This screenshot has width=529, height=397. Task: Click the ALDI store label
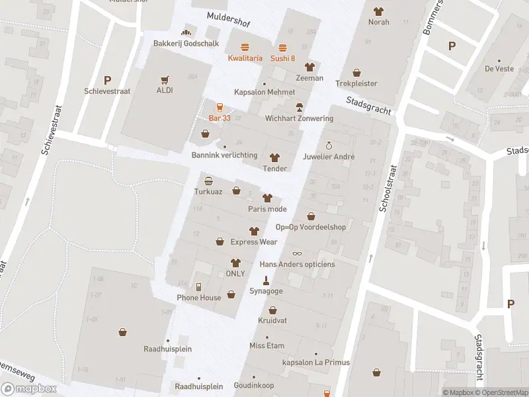pyautogui.click(x=165, y=90)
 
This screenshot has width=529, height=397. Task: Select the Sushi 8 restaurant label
pyautogui.click(x=282, y=58)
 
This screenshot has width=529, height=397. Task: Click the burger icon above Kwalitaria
pyautogui.click(x=245, y=47)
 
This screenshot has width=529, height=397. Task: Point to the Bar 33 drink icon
pyautogui.click(x=220, y=107)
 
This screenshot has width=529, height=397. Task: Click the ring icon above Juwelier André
pyautogui.click(x=329, y=146)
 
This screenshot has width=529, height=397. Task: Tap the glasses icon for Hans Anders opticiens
pyautogui.click(x=297, y=253)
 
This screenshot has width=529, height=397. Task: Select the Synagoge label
pyautogui.click(x=266, y=291)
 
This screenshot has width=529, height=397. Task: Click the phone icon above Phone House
pyautogui.click(x=198, y=287)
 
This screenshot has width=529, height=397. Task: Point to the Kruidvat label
pyautogui.click(x=272, y=321)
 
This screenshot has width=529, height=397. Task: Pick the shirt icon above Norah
pyautogui.click(x=378, y=11)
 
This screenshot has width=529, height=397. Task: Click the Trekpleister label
pyautogui.click(x=356, y=84)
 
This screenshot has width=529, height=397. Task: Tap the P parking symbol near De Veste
pyautogui.click(x=452, y=46)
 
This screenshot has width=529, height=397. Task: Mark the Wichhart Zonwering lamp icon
pyautogui.click(x=299, y=107)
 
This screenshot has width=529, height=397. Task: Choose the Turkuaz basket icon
pyautogui.click(x=208, y=181)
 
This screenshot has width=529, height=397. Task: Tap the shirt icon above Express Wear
pyautogui.click(x=253, y=231)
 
